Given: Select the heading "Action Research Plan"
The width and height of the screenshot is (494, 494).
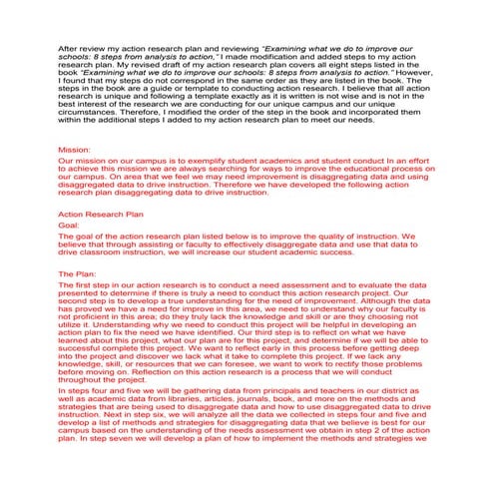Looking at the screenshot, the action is tap(99, 213).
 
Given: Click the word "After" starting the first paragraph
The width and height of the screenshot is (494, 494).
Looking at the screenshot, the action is tap(70, 47).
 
